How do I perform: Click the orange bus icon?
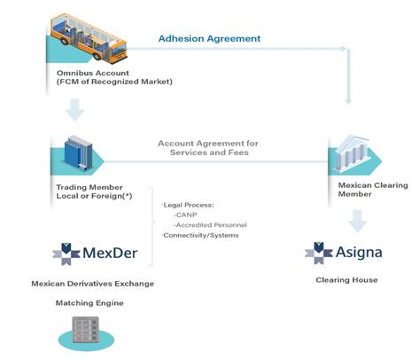(89, 38)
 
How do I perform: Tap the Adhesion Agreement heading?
(209, 39)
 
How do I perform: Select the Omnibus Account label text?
(114, 77)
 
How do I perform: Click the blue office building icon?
(79, 152)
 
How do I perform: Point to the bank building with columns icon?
(352, 153)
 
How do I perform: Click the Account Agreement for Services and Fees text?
(208, 148)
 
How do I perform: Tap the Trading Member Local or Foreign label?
(94, 192)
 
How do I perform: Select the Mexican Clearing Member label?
(373, 190)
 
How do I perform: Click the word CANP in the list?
(185, 215)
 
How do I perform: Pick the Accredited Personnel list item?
(210, 225)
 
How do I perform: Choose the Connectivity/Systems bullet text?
(200, 235)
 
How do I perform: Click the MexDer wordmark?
(110, 253)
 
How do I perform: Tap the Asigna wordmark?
(359, 252)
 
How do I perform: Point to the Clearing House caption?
(346, 280)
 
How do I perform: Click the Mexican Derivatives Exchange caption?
(92, 284)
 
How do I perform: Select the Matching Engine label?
(89, 303)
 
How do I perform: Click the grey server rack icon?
(86, 330)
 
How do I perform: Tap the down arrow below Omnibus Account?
(75, 110)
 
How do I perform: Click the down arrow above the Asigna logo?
(357, 221)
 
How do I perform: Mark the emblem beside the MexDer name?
(66, 254)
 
